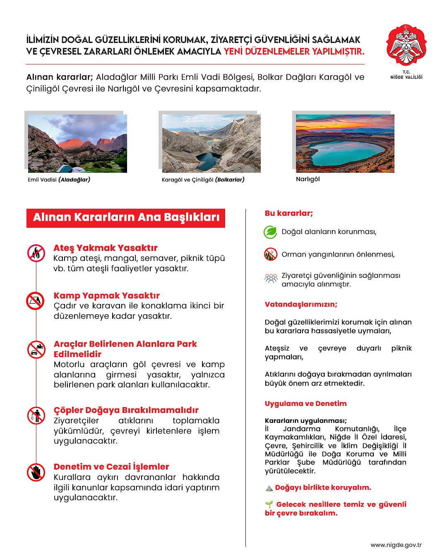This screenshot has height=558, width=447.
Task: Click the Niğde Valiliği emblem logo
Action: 406,45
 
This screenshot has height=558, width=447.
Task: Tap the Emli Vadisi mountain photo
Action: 77,143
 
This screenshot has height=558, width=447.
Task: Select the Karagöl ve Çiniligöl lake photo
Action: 211,143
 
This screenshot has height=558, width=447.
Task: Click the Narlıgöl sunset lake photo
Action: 345,143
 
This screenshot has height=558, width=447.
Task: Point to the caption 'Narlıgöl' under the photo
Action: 308,179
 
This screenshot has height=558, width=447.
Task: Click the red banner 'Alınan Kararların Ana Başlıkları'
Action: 126,217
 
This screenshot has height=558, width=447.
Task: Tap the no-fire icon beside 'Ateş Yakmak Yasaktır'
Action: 36,253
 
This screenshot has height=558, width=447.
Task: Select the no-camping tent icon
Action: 36,301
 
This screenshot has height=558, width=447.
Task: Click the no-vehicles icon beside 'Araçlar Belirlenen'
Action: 36,349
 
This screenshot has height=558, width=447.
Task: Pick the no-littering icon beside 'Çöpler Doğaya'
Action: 36,415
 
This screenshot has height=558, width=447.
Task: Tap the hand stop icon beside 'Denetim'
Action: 36,472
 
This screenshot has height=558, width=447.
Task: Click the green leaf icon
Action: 270,232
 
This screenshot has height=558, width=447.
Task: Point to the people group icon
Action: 271,278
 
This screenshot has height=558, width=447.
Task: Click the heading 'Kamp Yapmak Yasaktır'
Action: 106,296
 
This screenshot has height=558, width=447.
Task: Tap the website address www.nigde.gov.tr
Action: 396,545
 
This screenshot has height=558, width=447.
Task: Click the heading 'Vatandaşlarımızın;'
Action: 301,304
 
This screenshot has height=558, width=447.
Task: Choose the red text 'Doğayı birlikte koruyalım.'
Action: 323,487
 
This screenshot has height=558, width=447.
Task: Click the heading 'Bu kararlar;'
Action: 289,213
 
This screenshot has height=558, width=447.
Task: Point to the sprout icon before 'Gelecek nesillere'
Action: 269,504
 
